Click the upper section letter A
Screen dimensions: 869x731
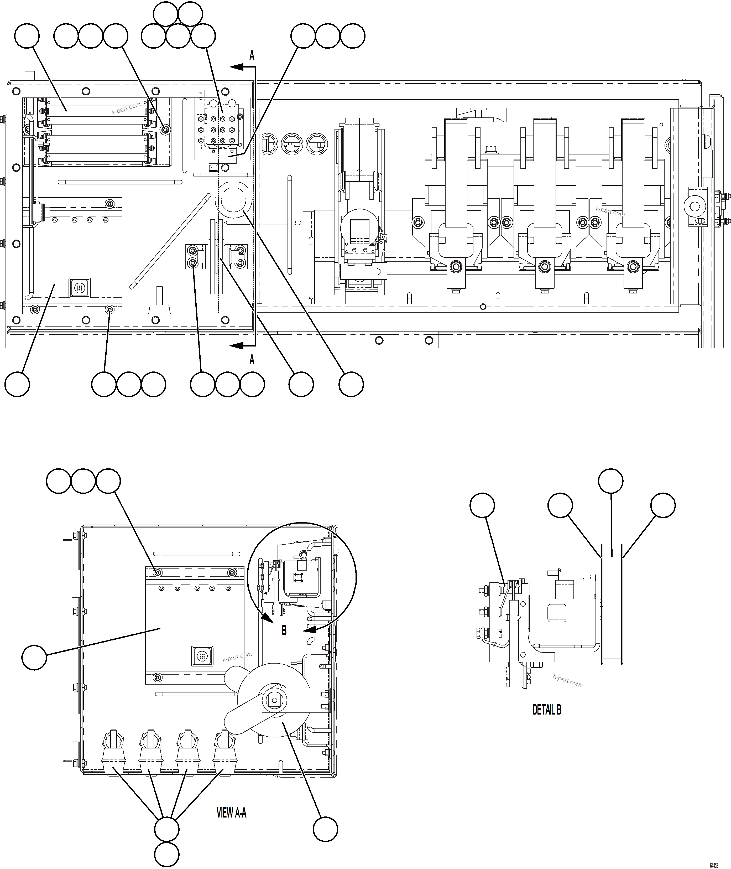coord(252,55)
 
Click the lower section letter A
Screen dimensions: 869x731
coord(252,360)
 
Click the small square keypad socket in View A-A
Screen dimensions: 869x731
coord(202,656)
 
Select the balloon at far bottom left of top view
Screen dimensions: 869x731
coord(17,384)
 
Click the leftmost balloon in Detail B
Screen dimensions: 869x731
coord(482,505)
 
